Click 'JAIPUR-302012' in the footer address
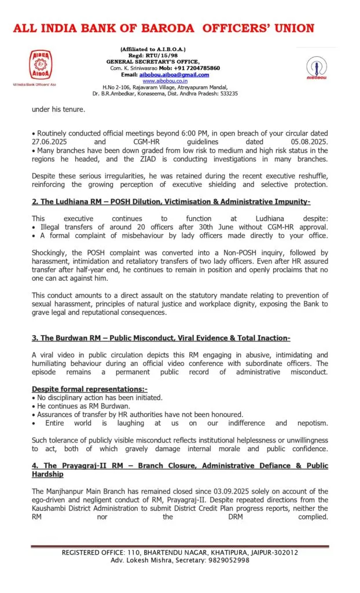click(x=270, y=552)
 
